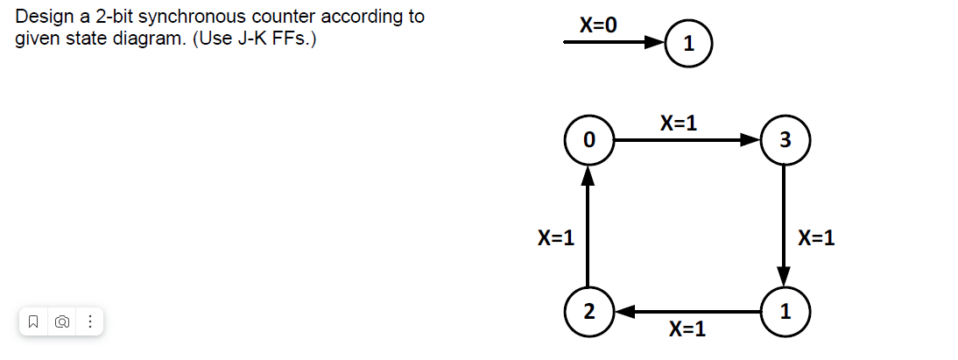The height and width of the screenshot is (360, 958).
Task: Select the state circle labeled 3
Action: [x=784, y=139]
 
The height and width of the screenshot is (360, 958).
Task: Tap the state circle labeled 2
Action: [x=588, y=311]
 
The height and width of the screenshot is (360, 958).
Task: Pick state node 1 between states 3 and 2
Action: [x=784, y=311]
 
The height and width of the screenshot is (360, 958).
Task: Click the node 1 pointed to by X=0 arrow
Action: [x=687, y=43]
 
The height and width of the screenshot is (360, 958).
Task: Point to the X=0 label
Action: [x=598, y=25]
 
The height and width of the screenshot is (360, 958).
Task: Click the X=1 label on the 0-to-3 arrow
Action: [x=679, y=123]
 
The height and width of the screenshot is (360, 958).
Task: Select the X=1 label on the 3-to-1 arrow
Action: [x=816, y=237]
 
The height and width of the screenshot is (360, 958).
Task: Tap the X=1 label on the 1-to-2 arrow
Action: [x=687, y=330]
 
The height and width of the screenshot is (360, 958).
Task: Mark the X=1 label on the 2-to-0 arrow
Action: [x=556, y=237]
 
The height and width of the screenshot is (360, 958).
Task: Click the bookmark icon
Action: [x=32, y=322]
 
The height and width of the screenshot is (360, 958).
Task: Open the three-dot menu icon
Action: [x=89, y=322]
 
